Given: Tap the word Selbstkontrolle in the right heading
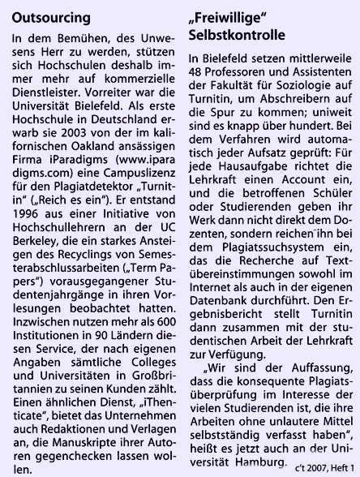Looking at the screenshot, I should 238,36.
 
